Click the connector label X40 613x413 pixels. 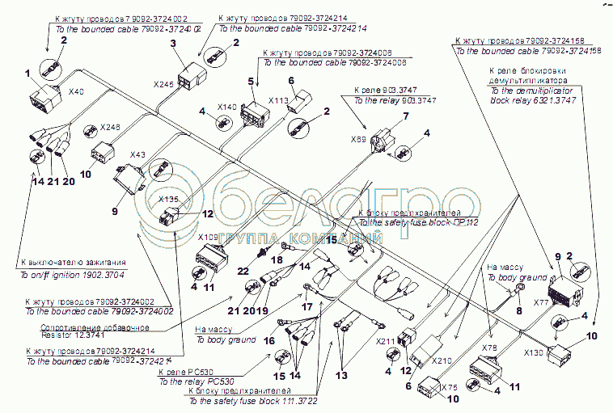tap(77, 91)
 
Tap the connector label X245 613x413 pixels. tap(163, 83)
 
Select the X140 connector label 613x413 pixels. tap(227, 107)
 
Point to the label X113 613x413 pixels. tap(278, 102)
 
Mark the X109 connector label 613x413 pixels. tap(209, 238)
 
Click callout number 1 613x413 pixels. tap(27, 74)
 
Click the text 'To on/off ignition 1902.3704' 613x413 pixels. tap(72, 274)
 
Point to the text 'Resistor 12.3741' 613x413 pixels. tap(75, 335)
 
